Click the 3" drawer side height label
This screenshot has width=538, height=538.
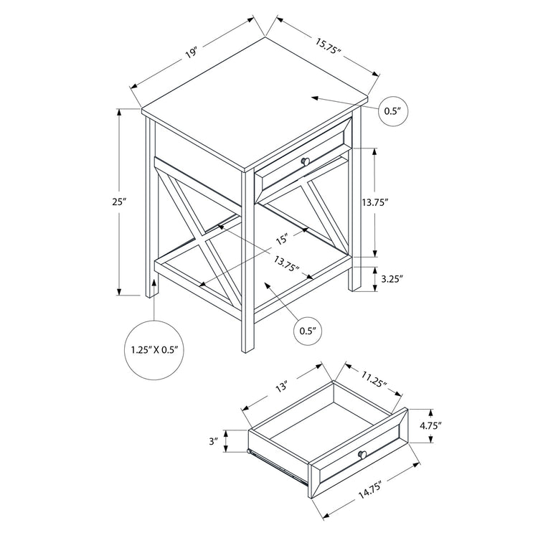pos(213,443)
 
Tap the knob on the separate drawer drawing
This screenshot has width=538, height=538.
pos(362,454)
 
